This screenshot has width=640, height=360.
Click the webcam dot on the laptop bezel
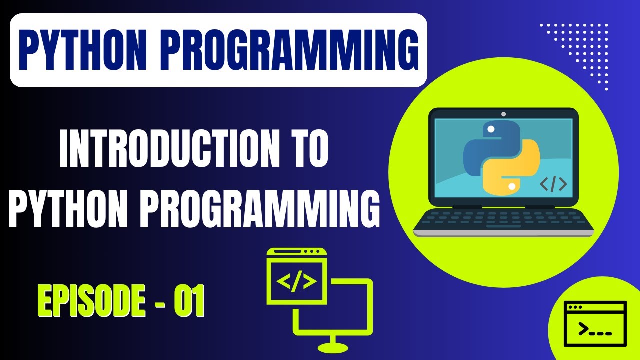503,114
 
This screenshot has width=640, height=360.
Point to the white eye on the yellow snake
511,186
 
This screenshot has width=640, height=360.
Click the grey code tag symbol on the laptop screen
553,184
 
